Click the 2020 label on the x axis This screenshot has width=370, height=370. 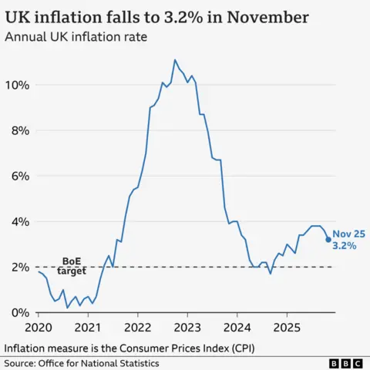38,326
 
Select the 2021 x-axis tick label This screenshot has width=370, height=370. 88,326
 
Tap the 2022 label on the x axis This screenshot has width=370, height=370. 137,326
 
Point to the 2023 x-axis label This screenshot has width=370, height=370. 187,326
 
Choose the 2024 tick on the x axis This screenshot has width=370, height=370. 237,326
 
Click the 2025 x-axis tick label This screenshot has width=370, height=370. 287,326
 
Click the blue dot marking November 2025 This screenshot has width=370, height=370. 328,240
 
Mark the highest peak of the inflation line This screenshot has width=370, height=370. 175,59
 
